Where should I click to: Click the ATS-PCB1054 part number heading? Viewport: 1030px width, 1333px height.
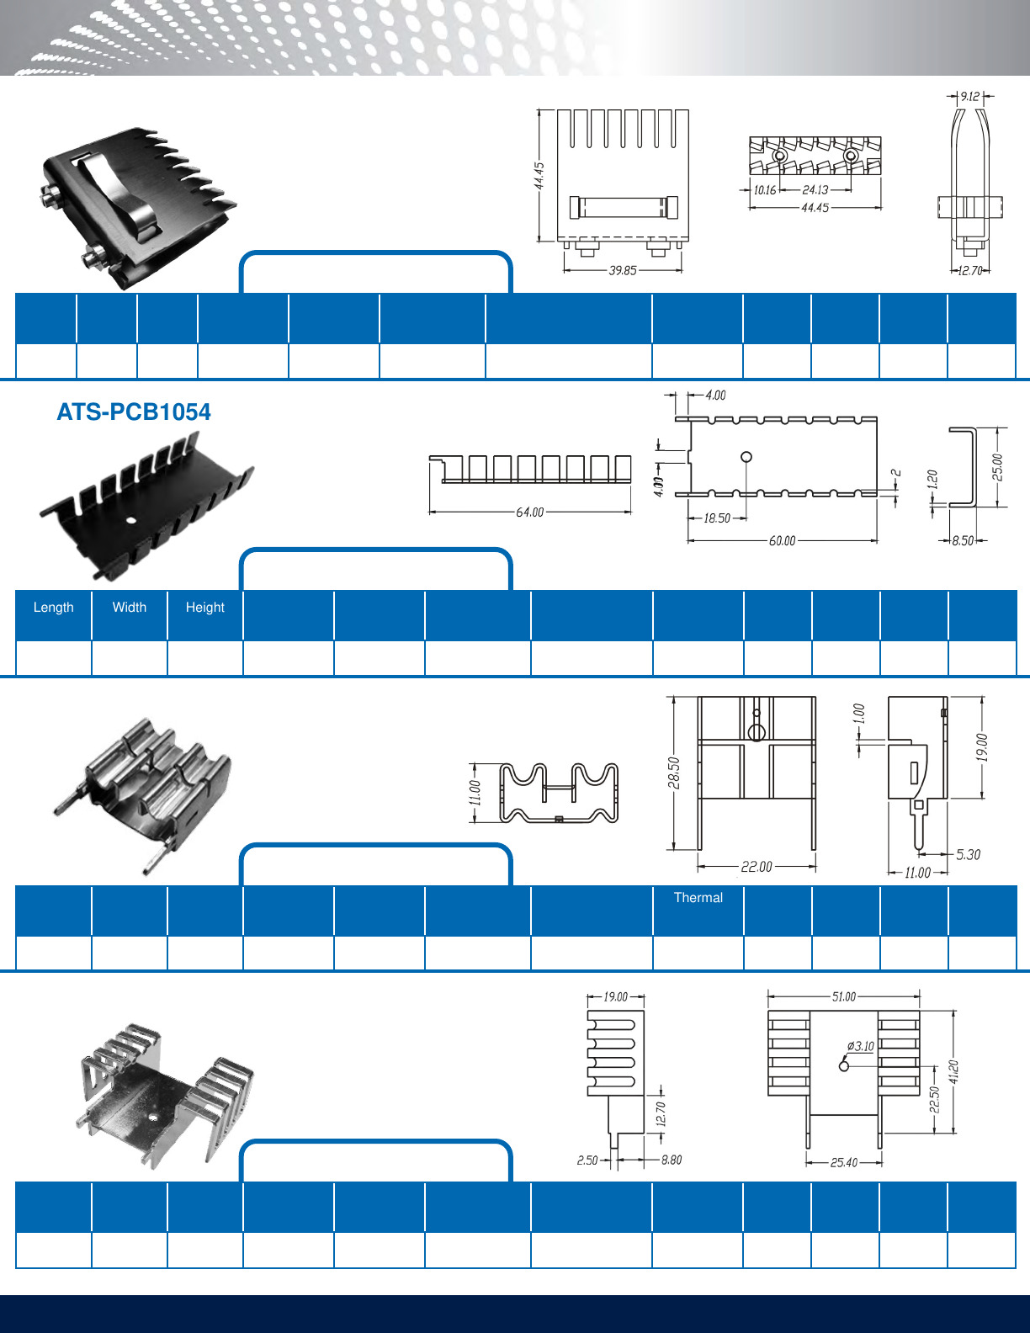(x=133, y=412)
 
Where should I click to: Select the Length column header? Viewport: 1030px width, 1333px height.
(x=53, y=607)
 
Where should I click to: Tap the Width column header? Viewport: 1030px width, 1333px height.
(x=129, y=607)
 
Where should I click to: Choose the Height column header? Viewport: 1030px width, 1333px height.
(x=204, y=607)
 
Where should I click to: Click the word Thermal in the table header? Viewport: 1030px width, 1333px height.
(x=698, y=897)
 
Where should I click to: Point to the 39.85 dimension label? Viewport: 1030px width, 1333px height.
(x=623, y=270)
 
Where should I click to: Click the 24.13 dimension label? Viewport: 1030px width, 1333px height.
(x=815, y=190)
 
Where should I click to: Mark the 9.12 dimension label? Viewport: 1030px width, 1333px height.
(x=970, y=97)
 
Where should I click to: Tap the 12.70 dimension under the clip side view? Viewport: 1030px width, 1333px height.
(x=971, y=270)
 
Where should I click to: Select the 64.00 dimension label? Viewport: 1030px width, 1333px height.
(x=530, y=512)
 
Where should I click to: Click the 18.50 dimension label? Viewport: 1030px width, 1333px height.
(x=717, y=518)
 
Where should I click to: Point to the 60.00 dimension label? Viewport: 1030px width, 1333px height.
(x=782, y=540)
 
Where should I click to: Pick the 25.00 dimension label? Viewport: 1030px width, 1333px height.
(x=997, y=467)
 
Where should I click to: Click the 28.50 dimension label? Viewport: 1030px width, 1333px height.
(x=673, y=773)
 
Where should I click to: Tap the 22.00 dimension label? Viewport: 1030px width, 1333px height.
(x=757, y=866)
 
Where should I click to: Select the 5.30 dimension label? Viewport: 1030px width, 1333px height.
(x=968, y=854)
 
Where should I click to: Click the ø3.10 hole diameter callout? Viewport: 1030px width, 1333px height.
(x=860, y=1046)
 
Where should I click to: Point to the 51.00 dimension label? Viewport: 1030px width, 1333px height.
(x=843, y=996)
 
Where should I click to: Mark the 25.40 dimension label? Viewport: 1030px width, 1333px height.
(x=843, y=1162)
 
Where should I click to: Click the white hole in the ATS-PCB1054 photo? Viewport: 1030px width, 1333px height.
(x=131, y=520)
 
